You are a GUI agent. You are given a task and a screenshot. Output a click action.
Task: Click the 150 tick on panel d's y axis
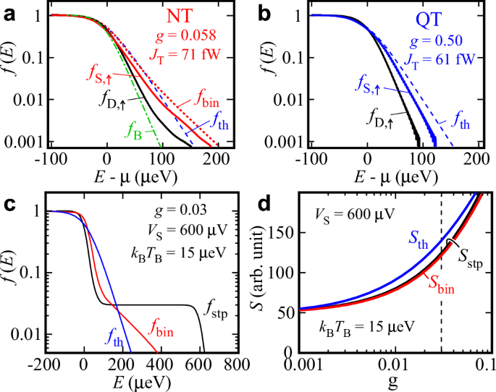pos(286,236)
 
